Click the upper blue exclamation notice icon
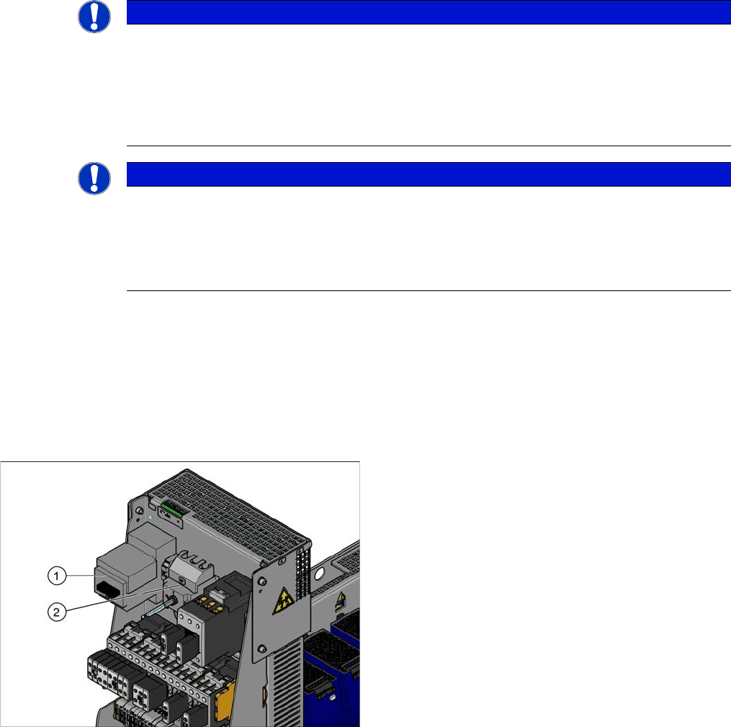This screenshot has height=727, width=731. point(94,17)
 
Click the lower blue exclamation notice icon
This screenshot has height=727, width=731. point(94,178)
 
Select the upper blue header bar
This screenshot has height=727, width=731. point(429,12)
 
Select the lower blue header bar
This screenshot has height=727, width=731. point(429,174)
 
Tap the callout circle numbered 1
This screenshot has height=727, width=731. point(57,576)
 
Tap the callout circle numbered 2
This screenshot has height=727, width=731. point(57,612)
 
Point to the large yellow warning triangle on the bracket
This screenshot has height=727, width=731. point(282,600)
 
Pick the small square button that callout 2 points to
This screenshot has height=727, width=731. point(181,581)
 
